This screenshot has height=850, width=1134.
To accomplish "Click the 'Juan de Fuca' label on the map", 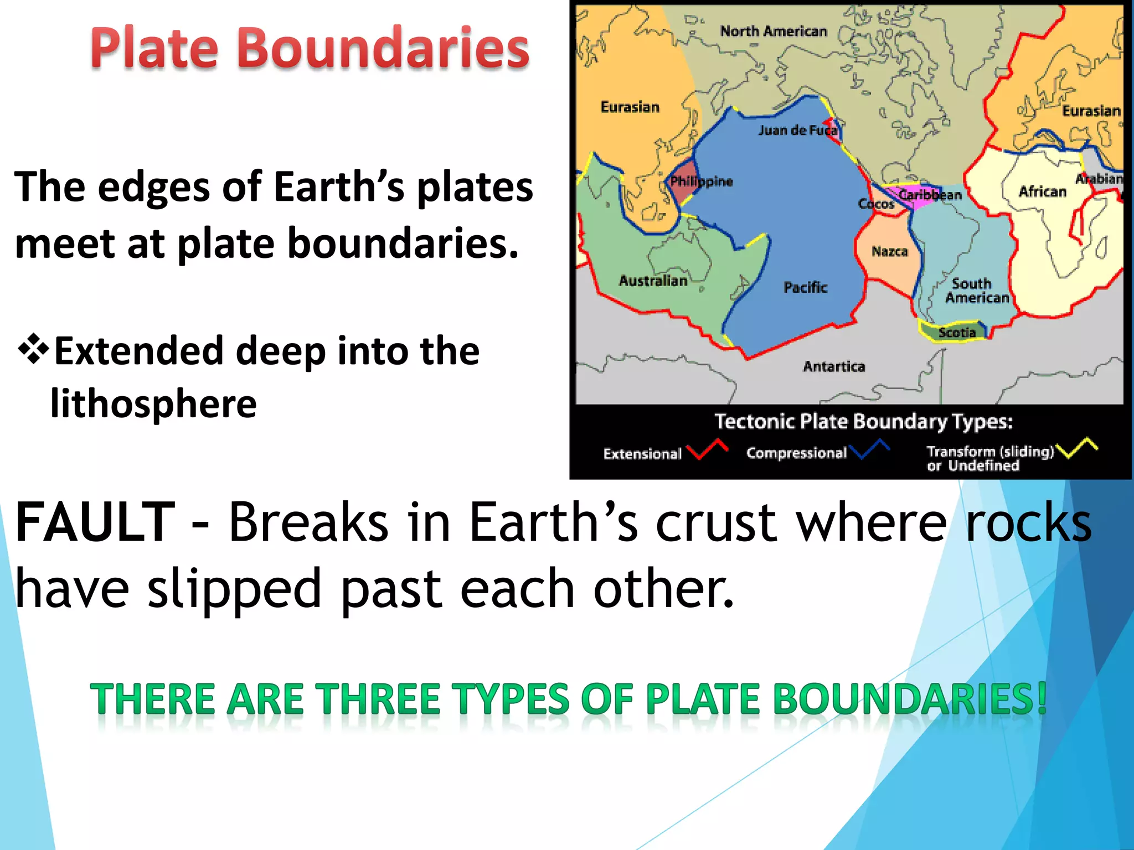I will pos(797,130).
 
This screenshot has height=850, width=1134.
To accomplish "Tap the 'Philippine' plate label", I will pos(701,182).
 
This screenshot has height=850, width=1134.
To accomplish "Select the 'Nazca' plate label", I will pos(889,252).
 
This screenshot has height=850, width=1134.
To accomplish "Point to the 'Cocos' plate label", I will pos(876,204).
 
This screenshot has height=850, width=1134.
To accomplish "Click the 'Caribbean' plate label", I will pos(930,195).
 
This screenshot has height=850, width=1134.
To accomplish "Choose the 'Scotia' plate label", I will pos(956,333).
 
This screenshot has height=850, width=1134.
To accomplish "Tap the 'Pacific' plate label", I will pos(805,287).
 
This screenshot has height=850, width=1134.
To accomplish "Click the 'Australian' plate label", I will pos(653,281).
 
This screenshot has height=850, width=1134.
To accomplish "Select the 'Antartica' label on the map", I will pos(834,366).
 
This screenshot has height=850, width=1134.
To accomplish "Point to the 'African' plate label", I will pos(1042,191).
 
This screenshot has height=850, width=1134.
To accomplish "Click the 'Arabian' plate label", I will pos(1099,179).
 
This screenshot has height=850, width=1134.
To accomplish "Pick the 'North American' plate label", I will pos(773,32).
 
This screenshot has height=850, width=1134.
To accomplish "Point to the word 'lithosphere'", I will pos(153,403).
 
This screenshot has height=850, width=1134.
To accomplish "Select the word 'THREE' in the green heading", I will pos(379,699).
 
